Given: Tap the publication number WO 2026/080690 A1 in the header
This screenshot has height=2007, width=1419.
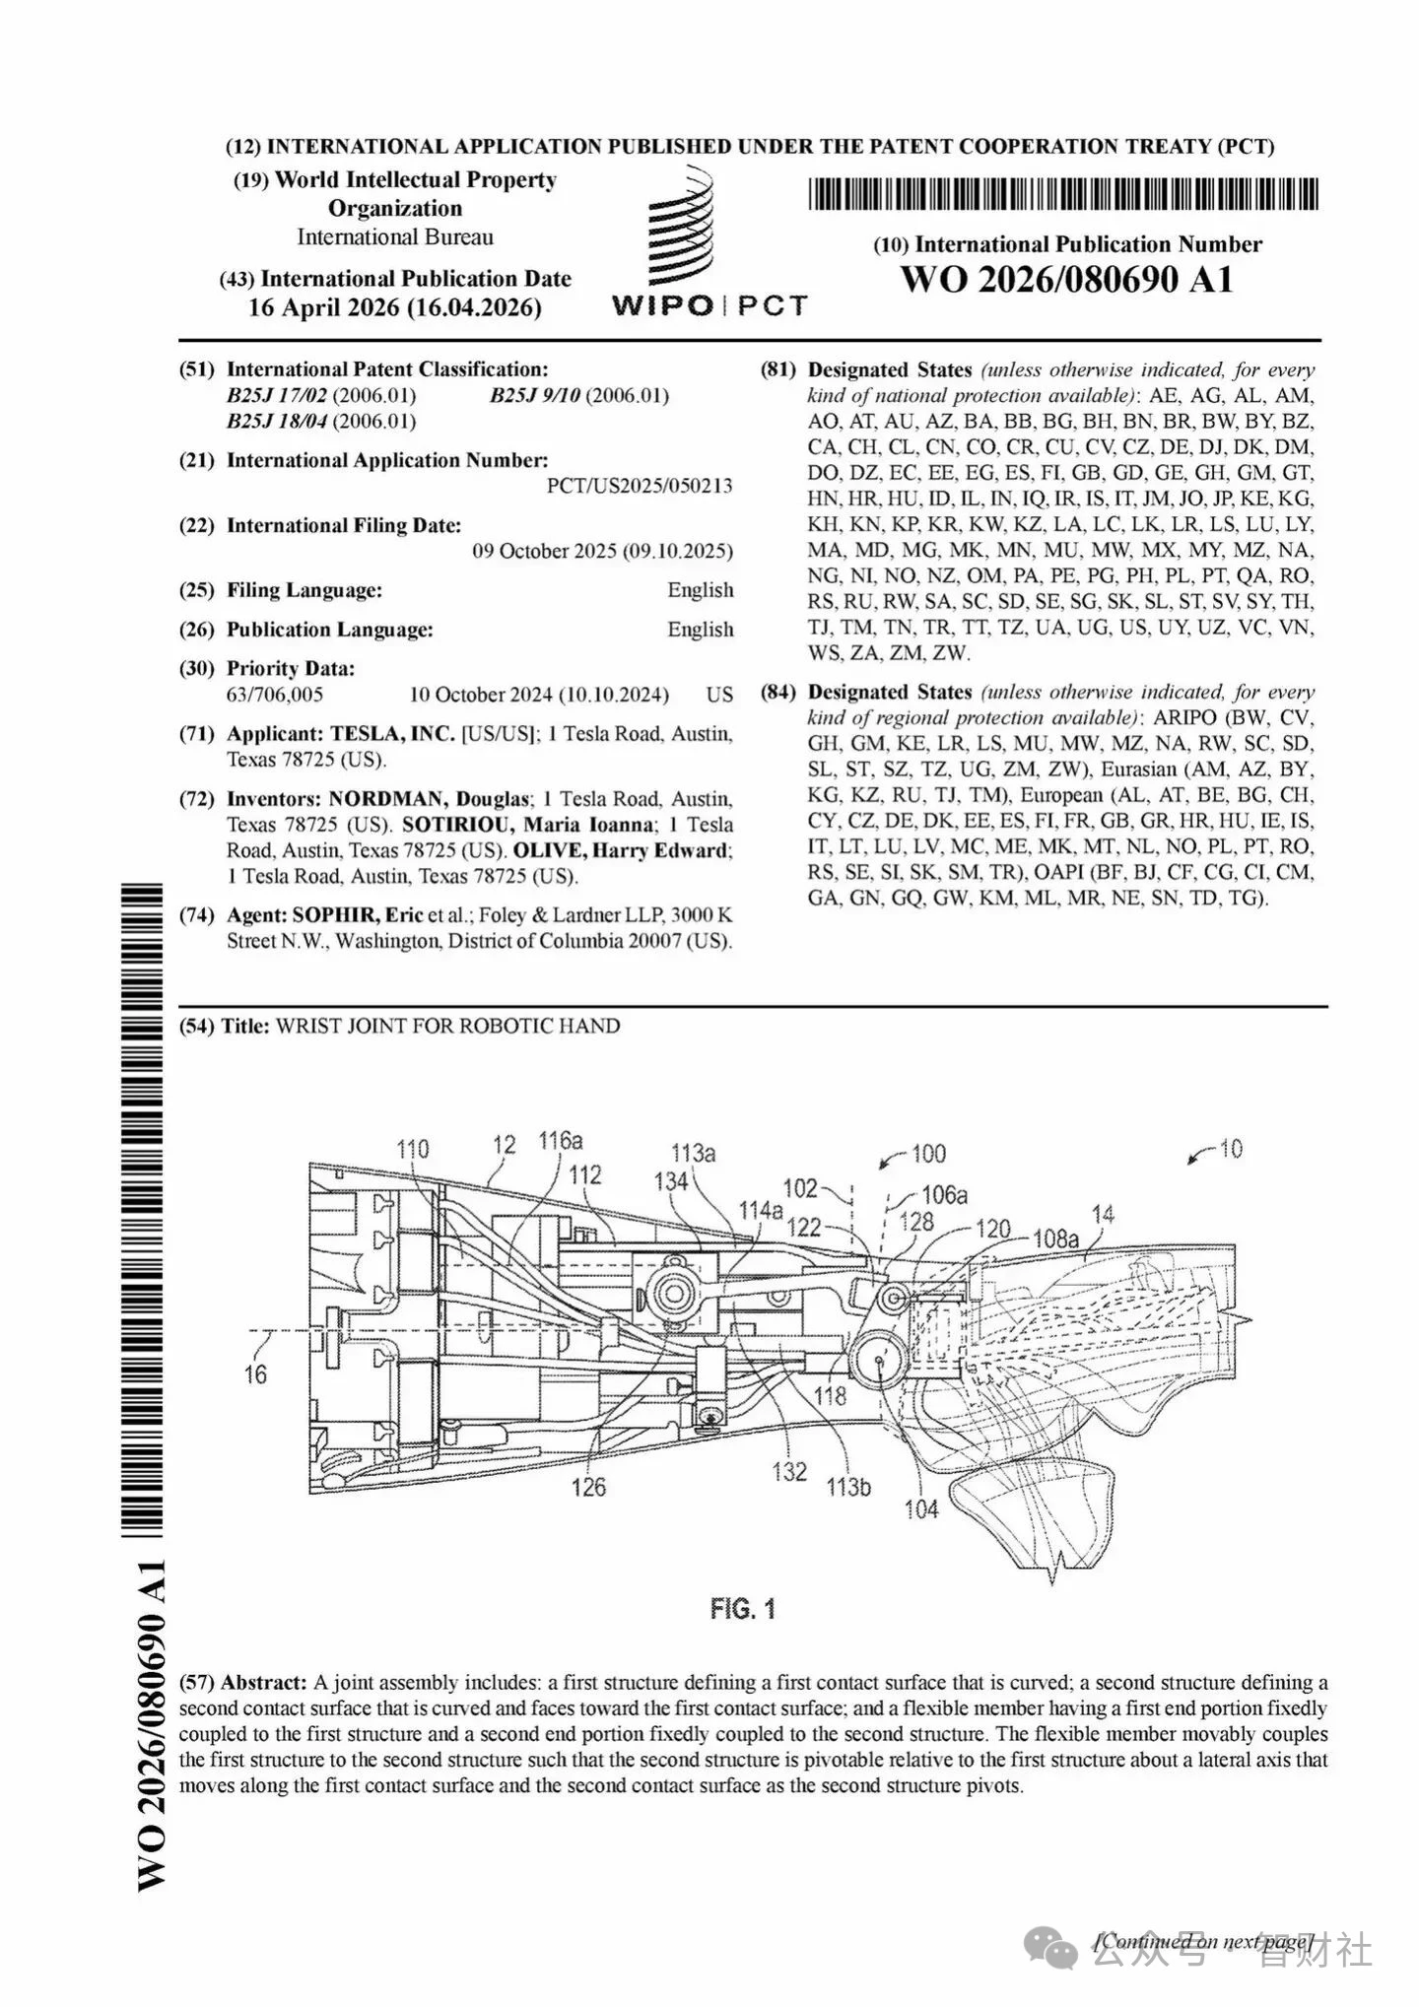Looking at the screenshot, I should coord(1066,280).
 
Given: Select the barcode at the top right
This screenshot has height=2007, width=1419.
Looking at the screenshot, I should coord(1062,194).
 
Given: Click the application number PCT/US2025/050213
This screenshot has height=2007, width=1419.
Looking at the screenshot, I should coord(640,486).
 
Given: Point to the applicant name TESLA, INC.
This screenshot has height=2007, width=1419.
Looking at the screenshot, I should coord(392,734).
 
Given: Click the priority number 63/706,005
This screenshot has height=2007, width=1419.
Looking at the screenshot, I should coord(275,695).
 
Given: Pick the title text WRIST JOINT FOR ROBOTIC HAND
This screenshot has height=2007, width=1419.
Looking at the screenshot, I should coord(447,1026).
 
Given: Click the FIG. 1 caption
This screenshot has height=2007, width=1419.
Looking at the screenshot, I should coord(742,1609).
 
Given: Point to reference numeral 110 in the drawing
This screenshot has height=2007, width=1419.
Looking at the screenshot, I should coord(413,1149).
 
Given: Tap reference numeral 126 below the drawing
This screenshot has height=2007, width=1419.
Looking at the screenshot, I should coord(588,1487).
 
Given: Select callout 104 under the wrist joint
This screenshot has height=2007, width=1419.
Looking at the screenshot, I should coord(920,1508).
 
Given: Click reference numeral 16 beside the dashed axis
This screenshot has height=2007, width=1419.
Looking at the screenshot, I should coord(255,1373).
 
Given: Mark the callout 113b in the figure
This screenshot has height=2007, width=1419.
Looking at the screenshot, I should coord(848,1487).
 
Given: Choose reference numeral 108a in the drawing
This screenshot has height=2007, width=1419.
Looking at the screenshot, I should coord(1055,1238).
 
